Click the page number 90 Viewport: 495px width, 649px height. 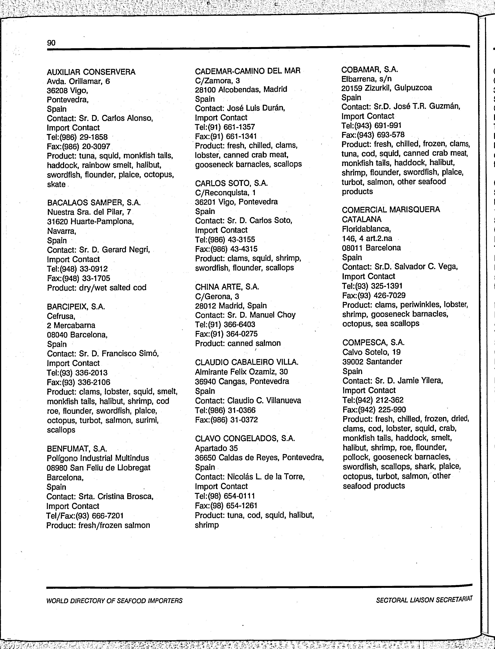(x=51, y=43)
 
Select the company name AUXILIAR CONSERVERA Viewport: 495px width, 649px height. (x=91, y=72)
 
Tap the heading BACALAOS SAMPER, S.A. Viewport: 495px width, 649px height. (x=94, y=203)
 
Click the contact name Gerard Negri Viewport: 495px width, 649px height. (x=126, y=250)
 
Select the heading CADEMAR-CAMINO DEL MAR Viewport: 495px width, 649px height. (x=247, y=71)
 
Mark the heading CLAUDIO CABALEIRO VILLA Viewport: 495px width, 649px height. (x=247, y=362)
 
